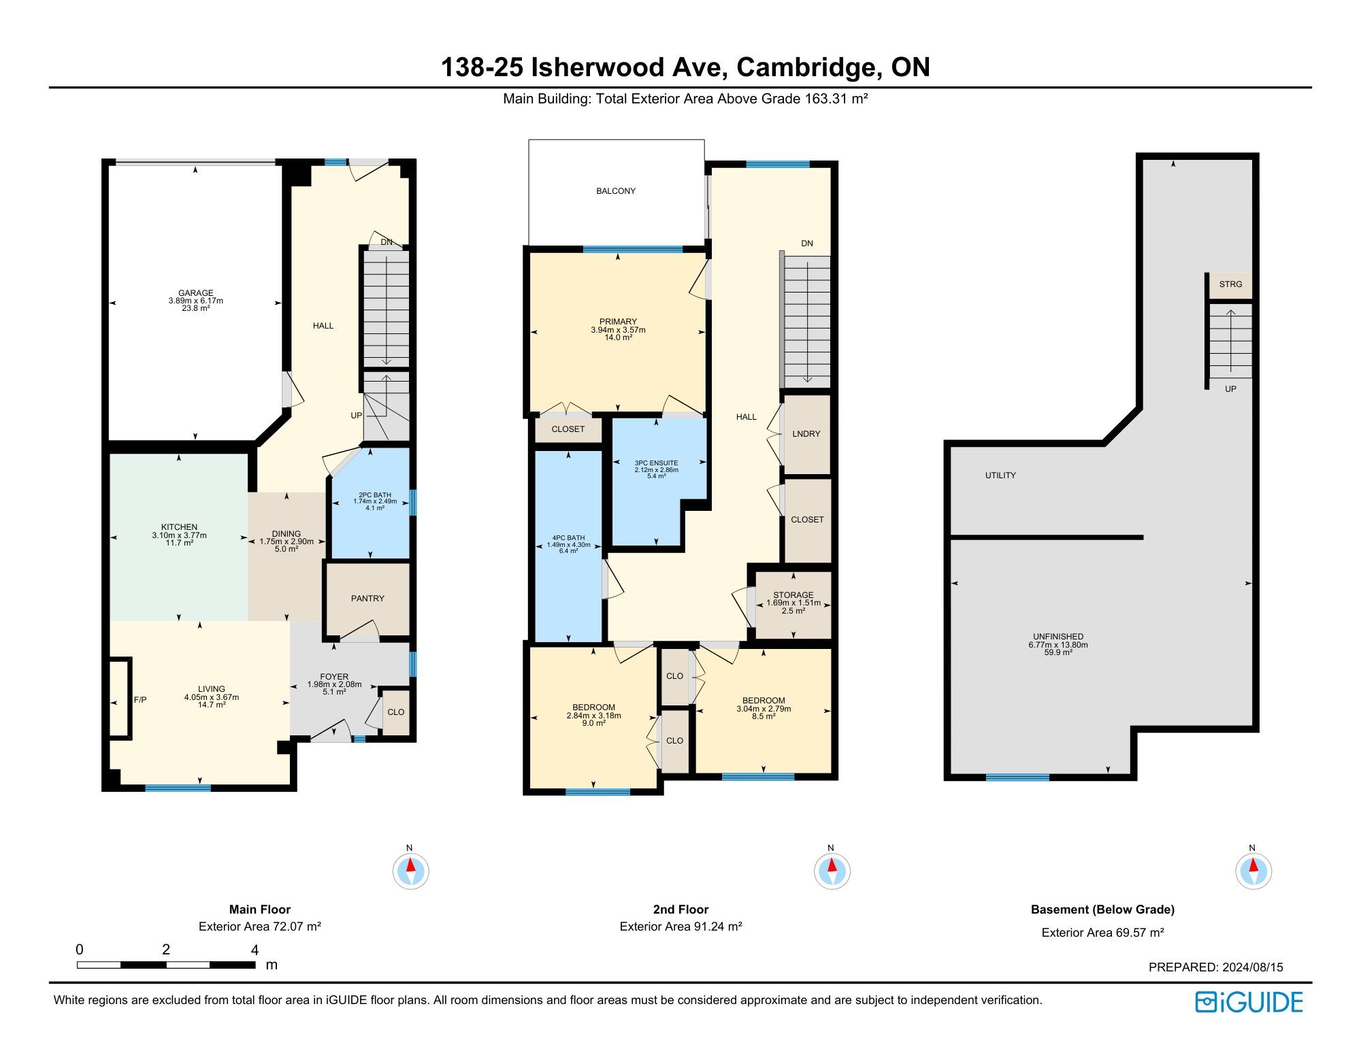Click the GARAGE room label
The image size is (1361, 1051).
[x=196, y=293]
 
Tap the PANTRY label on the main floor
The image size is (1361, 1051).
[x=367, y=599]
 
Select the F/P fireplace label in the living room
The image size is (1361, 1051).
[x=140, y=700]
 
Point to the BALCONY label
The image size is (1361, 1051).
[x=616, y=191]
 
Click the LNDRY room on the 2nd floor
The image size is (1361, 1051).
[x=806, y=434]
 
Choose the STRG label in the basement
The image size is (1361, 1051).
[x=1230, y=284]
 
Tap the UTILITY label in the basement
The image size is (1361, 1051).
[x=1000, y=476]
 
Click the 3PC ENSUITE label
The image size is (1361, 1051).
[x=656, y=463]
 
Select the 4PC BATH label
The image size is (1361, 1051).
[x=568, y=538]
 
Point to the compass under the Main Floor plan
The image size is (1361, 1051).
[x=410, y=870]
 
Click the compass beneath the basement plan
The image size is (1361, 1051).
[x=1253, y=870]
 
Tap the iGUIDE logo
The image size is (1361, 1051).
[x=1249, y=1002]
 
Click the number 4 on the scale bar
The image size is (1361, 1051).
[x=255, y=950]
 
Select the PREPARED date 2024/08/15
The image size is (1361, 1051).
[x=1253, y=967]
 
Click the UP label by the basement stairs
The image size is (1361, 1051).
[x=1230, y=389]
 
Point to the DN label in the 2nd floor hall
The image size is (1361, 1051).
[x=807, y=244]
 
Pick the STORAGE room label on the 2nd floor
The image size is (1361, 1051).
[x=793, y=595]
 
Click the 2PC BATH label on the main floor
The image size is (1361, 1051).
[x=375, y=495]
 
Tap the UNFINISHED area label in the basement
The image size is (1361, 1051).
[x=1058, y=637]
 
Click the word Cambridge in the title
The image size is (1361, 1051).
[x=805, y=67]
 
